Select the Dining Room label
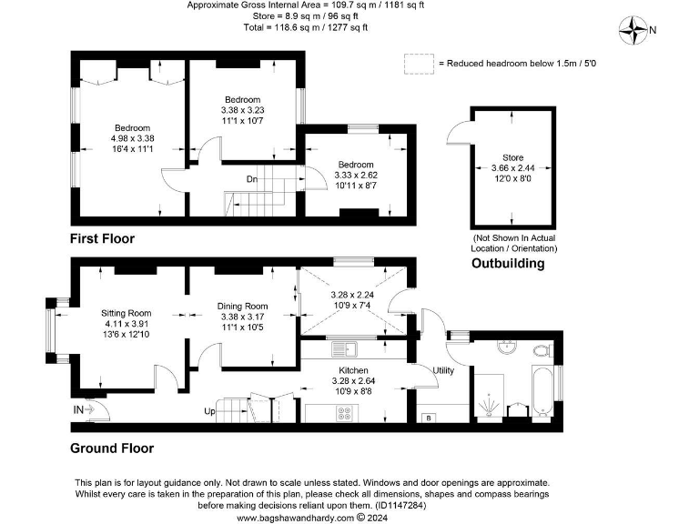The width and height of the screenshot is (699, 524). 243,306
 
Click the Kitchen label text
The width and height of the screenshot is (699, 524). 353,371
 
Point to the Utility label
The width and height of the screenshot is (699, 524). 443,371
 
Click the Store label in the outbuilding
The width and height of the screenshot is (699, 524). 512,157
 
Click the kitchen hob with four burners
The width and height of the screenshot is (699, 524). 346,411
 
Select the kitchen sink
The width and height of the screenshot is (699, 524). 345,348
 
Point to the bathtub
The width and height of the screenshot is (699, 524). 540,397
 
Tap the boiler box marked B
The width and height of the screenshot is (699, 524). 429,418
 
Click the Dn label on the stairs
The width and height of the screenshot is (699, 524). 252,179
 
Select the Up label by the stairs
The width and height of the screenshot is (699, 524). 209,412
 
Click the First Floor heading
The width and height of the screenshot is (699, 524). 103,238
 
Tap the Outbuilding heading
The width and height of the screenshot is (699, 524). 507,264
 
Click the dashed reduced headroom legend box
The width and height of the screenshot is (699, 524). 419,63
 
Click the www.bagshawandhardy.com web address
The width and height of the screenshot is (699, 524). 296,518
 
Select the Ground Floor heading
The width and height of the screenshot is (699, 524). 112,448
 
